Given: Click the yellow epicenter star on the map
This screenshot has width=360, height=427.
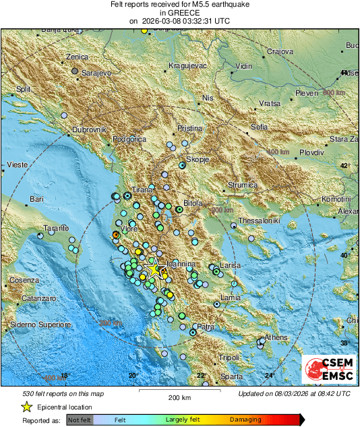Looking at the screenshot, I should (154, 269).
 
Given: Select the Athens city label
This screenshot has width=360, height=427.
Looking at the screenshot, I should (276, 337).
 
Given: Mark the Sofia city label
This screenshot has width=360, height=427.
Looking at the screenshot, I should (259, 127).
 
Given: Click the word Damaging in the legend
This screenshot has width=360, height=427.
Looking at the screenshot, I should (245, 420).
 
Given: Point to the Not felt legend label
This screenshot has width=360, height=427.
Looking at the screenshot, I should (80, 420).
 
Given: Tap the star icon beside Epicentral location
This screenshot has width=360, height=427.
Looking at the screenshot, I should (26, 407).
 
